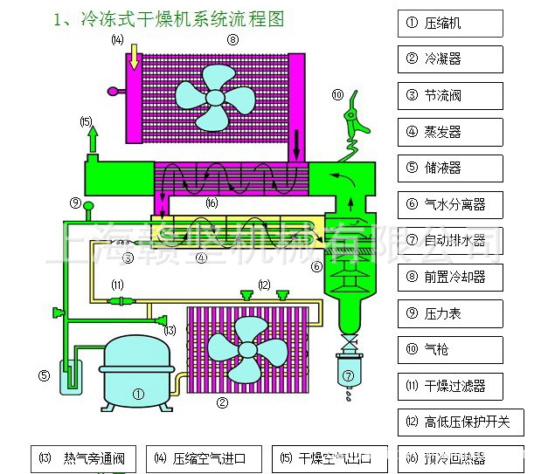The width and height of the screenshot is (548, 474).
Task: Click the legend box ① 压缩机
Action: [450, 24]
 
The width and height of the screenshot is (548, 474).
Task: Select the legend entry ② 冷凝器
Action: [450, 59]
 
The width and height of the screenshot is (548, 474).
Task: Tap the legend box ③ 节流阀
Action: [450, 95]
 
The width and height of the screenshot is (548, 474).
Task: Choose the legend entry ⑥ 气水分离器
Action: [450, 205]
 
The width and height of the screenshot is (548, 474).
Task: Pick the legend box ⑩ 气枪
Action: [450, 349]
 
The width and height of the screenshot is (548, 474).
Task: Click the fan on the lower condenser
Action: [247, 349]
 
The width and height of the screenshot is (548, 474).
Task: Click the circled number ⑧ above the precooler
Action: [232, 40]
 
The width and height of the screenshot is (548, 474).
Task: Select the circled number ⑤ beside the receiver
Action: [43, 376]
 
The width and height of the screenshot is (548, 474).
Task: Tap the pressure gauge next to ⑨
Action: [88, 206]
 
